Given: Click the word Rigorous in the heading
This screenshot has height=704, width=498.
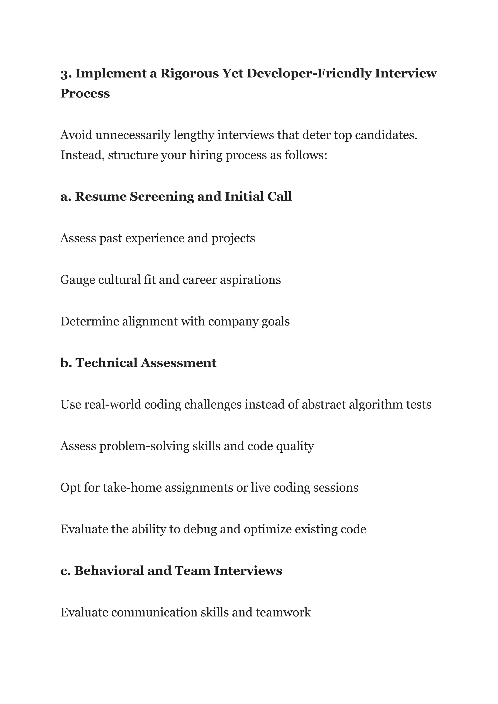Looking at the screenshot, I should pos(189,74).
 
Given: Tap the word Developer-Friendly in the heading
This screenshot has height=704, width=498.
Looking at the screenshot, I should pos(309,74).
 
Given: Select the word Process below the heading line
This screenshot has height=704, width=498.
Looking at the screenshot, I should pos(85,94).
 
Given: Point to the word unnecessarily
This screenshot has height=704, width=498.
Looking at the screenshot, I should pos(133,135).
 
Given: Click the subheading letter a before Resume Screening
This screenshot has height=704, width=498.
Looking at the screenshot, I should pos(65,197).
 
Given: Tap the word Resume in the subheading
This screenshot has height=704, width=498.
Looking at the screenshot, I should pos(101,197).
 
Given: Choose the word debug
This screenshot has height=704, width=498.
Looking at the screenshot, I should pos(200,529).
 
